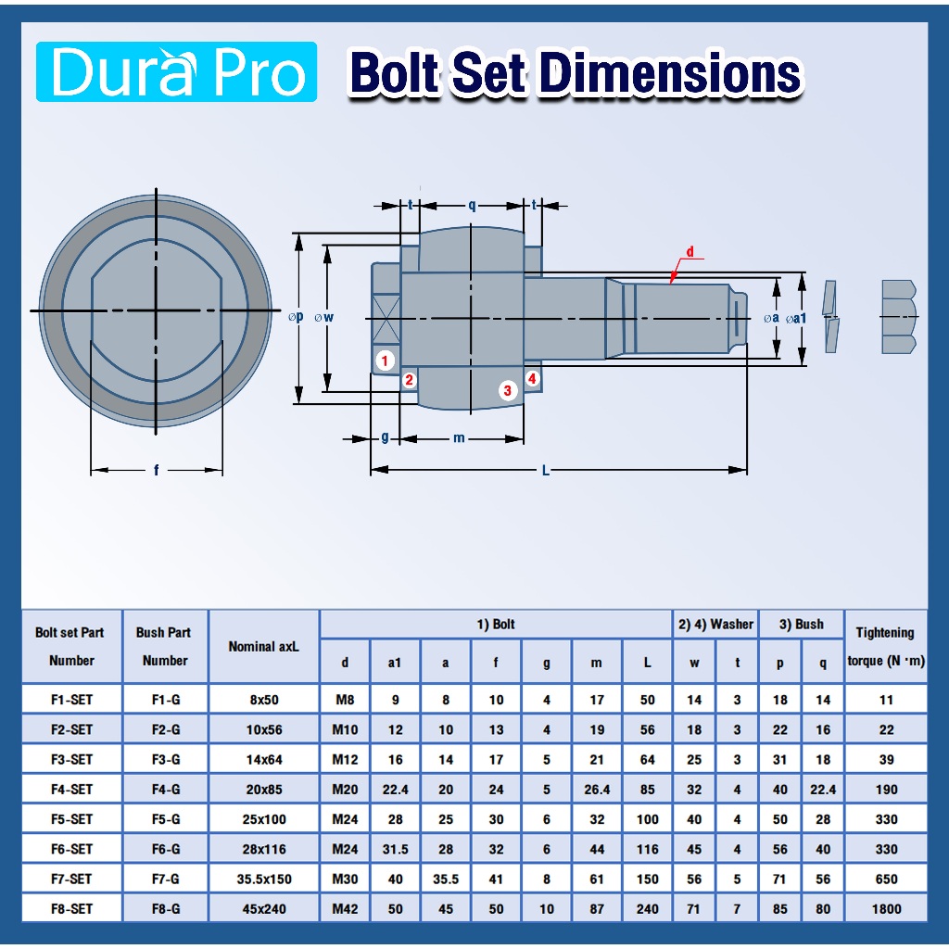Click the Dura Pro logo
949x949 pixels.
(x=176, y=71)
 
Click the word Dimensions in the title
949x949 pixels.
(x=670, y=73)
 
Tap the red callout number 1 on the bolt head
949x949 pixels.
(x=385, y=361)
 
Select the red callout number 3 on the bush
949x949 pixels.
(x=508, y=390)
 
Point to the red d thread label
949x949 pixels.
(x=690, y=252)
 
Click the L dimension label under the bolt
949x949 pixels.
(x=545, y=470)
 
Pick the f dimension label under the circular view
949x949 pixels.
(x=156, y=470)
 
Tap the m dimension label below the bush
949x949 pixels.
(x=459, y=438)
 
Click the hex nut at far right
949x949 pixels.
(x=899, y=317)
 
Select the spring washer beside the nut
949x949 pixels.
(x=830, y=316)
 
